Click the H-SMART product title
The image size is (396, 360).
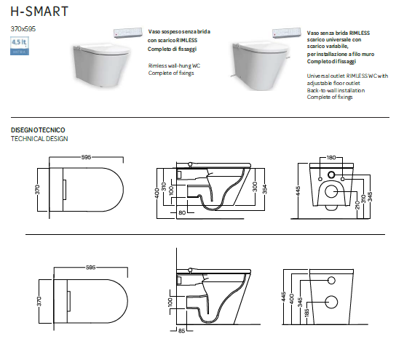40,12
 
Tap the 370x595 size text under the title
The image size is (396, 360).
23,28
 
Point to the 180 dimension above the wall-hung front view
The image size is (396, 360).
331,157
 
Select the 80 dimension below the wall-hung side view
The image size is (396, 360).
181,213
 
